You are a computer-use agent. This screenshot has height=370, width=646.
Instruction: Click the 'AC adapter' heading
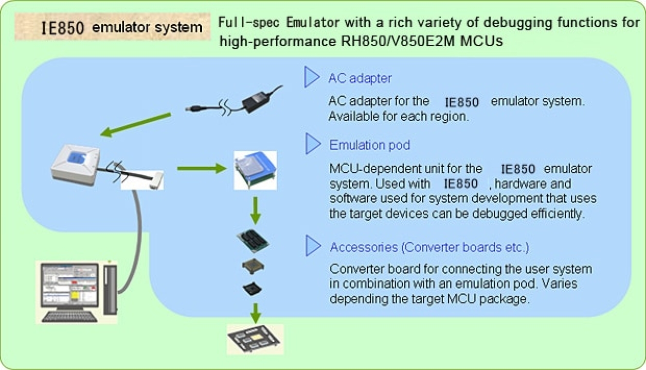pyautogui.click(x=360, y=79)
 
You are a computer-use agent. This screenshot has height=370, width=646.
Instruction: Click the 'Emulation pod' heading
pyautogui.click(x=369, y=145)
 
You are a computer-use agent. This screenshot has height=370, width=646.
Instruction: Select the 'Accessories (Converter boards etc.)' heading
pyautogui.click(x=429, y=247)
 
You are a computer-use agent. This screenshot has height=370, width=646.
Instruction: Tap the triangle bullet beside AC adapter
pyautogui.click(x=312, y=77)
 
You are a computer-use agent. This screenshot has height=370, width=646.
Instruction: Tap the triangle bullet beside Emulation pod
pyautogui.click(x=312, y=144)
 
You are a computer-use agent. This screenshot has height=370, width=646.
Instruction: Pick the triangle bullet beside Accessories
pyautogui.click(x=312, y=246)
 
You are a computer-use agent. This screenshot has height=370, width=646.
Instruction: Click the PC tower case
pyautogui.click(x=110, y=288)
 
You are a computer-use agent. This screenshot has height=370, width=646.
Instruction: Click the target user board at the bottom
pyautogui.click(x=255, y=338)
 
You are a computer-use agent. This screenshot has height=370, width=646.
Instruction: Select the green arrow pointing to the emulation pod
pyautogui.click(x=201, y=168)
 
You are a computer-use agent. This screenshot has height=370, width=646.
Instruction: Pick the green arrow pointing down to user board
pyautogui.click(x=255, y=311)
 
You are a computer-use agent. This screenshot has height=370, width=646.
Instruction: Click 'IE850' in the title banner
pyautogui.click(x=62, y=28)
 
